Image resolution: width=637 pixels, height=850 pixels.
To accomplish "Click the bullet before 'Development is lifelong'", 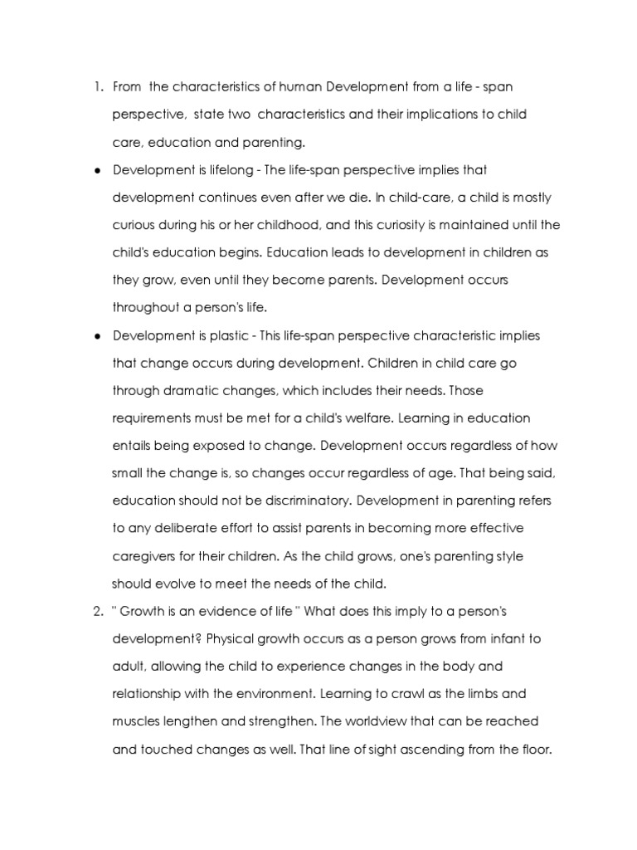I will tap(97, 170).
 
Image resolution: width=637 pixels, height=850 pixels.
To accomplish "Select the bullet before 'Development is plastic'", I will tap(97, 335).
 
